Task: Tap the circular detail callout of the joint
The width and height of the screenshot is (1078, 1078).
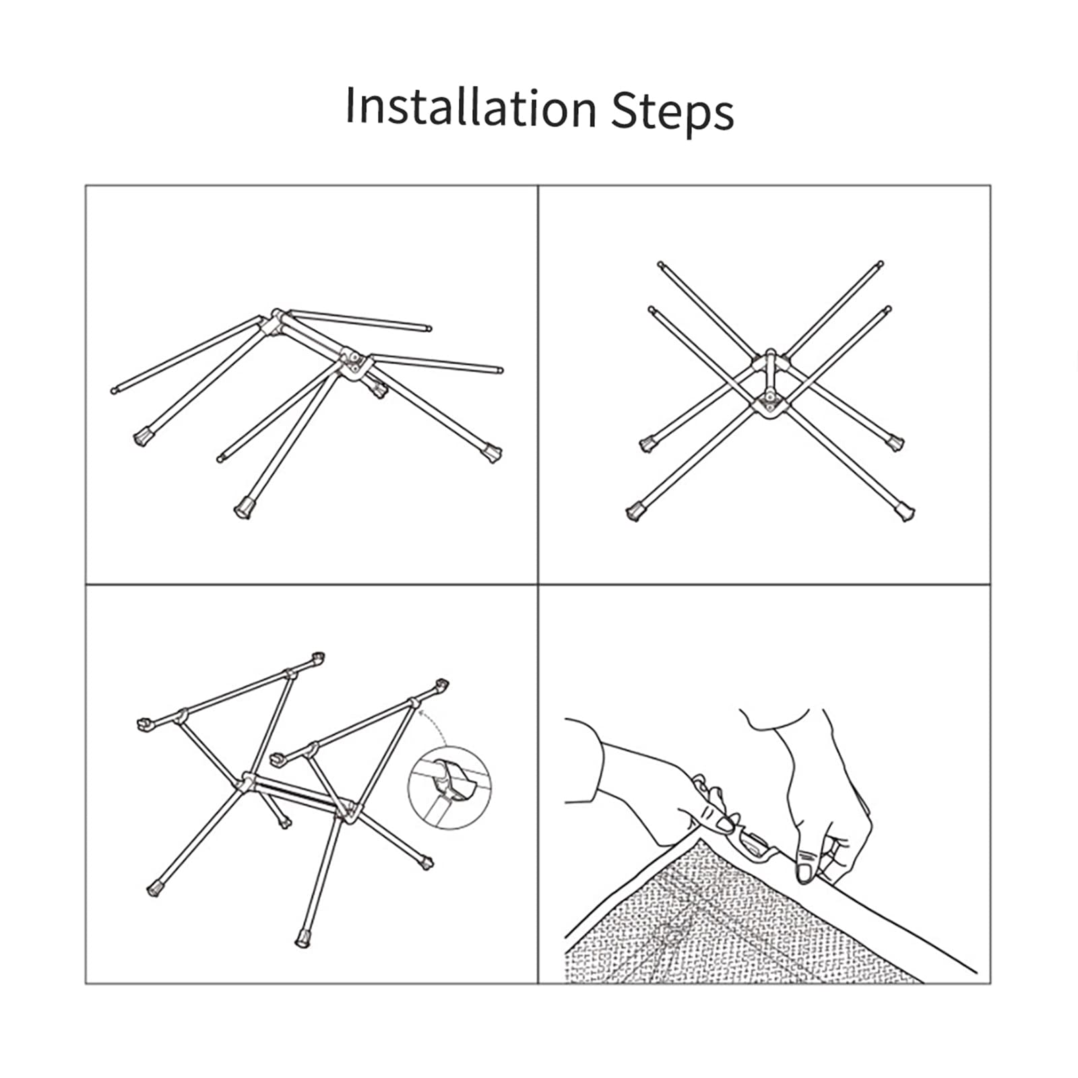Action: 450,787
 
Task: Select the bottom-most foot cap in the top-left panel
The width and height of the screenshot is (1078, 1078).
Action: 244,508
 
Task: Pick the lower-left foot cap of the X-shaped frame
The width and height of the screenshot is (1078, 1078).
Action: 635,512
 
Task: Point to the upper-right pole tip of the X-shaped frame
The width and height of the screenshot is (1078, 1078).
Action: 880,264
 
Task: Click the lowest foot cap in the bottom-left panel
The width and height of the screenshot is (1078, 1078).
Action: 304,939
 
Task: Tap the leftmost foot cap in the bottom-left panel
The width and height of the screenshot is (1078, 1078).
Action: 155,889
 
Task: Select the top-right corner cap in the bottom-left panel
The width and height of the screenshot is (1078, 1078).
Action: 441,687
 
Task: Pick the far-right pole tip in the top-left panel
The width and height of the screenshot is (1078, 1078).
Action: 499,369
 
